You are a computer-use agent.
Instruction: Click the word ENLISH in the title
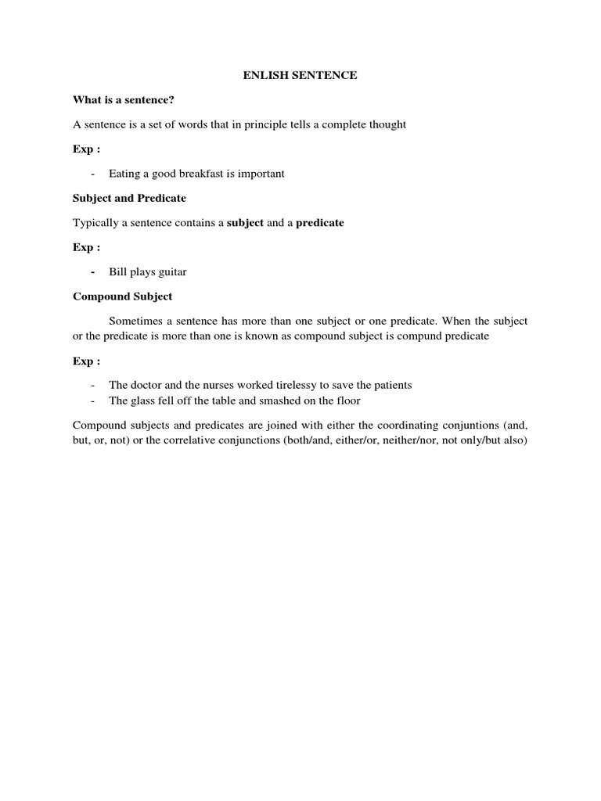[256, 75]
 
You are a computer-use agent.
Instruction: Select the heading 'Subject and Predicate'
[129, 198]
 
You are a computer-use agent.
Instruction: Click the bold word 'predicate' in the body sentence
[319, 223]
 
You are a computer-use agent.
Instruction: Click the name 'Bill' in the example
[118, 272]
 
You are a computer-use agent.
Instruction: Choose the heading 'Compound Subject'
[122, 296]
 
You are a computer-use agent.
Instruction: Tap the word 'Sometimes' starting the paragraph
[135, 321]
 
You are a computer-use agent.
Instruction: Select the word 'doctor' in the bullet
[146, 385]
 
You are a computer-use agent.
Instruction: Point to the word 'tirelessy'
[285, 385]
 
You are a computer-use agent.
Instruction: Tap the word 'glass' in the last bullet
[145, 400]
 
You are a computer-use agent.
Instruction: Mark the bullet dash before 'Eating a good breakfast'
[94, 174]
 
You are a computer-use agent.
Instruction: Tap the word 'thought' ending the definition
[388, 124]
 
